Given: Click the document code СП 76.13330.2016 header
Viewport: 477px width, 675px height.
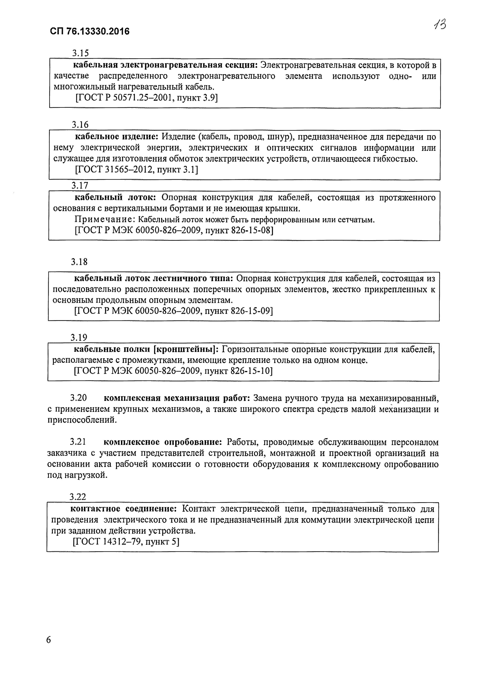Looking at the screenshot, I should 90,31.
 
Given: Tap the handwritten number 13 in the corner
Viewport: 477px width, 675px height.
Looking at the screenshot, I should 440,25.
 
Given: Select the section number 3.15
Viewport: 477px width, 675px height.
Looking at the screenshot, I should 80,53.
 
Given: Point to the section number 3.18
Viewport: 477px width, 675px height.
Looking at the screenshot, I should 79,262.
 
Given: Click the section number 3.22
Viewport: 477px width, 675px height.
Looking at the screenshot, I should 78,497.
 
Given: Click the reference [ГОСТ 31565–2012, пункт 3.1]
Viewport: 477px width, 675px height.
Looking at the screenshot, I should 137,170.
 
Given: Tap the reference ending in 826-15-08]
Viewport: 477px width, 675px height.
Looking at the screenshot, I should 174,230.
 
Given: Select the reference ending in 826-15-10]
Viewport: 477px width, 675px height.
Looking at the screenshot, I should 173,371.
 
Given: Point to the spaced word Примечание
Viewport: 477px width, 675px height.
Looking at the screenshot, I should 104,219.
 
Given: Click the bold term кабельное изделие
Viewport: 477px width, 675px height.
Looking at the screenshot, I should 117,136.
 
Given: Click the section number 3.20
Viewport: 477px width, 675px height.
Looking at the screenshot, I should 78,398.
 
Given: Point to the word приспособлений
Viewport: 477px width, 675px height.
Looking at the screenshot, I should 82,420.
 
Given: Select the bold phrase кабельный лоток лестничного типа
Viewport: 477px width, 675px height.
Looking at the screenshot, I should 153,278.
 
